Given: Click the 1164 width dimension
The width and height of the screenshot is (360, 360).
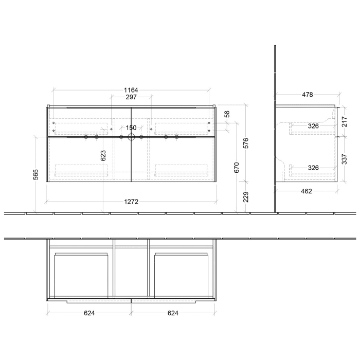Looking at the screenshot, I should pyautogui.click(x=131, y=90).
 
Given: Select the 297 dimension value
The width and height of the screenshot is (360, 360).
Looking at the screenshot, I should pyautogui.click(x=131, y=98).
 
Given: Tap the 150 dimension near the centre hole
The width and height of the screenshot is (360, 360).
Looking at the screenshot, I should pyautogui.click(x=131, y=128).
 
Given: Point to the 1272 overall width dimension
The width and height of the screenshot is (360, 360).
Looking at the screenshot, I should pyautogui.click(x=131, y=202).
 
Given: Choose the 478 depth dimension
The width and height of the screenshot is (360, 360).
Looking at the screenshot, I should pyautogui.click(x=307, y=95).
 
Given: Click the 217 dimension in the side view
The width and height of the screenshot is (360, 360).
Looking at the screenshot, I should pyautogui.click(x=345, y=121).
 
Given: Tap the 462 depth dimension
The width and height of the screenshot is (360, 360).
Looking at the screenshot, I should pyautogui.click(x=307, y=191).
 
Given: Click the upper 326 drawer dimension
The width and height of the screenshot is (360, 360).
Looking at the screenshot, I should pyautogui.click(x=314, y=125).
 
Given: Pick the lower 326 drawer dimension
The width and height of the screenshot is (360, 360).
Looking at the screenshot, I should pyautogui.click(x=314, y=167).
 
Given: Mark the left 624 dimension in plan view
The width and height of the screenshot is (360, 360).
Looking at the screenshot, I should pyautogui.click(x=88, y=313).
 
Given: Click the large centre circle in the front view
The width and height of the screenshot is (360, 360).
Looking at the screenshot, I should pyautogui.click(x=131, y=137).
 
